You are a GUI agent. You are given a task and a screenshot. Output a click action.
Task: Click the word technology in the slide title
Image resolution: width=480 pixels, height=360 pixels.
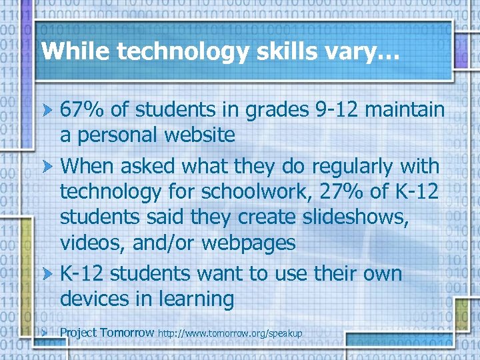157,52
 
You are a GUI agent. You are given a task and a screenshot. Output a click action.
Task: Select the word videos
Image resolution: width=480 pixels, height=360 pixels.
92,243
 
